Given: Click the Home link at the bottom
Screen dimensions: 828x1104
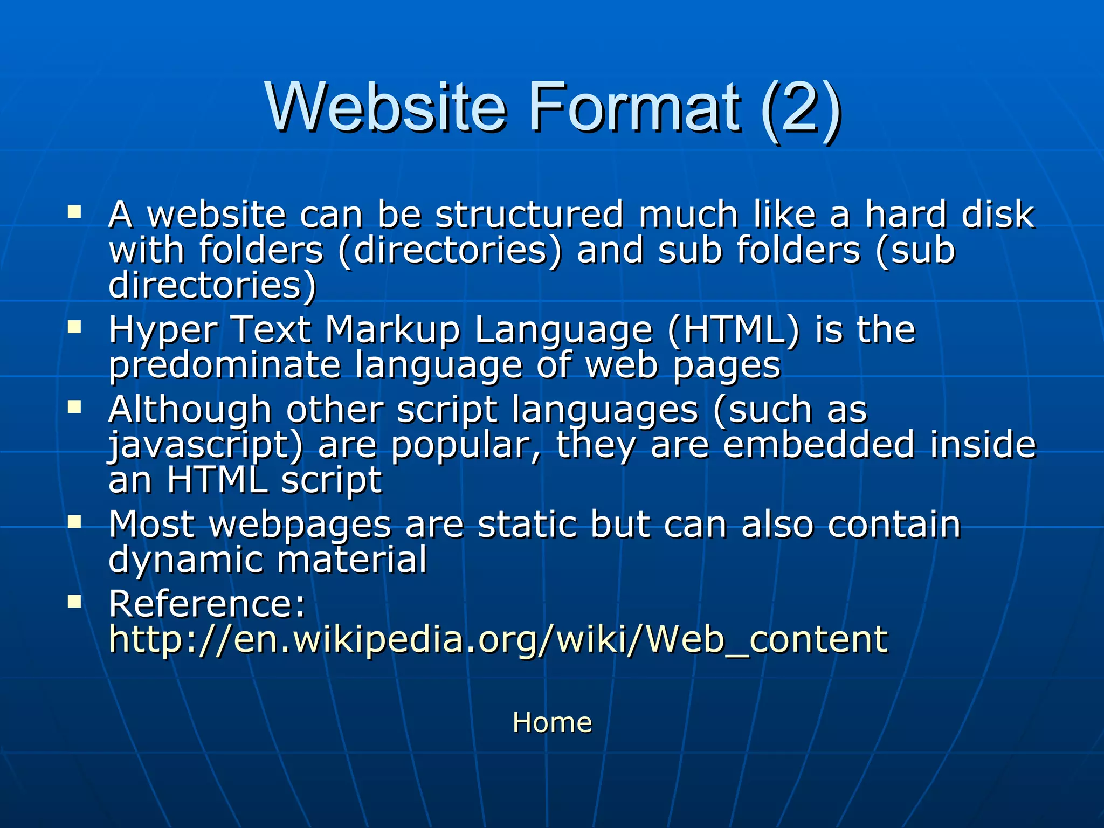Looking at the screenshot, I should (552, 722).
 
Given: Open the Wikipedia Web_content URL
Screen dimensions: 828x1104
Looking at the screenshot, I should (498, 639).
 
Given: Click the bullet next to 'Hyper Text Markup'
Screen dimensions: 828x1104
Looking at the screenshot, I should (74, 326).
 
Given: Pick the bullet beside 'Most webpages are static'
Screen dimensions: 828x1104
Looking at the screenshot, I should (74, 521).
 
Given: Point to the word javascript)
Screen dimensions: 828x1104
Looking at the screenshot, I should (206, 446).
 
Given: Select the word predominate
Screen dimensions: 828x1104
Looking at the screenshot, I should (225, 365).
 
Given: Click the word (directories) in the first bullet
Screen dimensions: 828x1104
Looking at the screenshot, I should (450, 251).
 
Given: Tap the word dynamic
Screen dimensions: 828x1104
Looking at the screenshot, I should (185, 560).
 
